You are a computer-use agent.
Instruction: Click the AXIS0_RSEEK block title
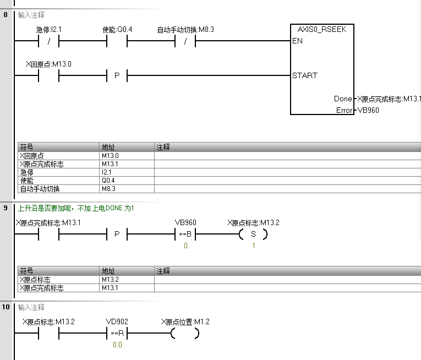click(x=322, y=30)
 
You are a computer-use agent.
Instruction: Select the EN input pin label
click(x=297, y=41)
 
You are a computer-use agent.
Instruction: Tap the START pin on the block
click(x=305, y=75)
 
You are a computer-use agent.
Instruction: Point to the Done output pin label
click(x=342, y=99)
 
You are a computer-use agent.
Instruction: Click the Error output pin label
click(x=344, y=110)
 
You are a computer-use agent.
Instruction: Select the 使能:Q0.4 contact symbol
click(x=117, y=41)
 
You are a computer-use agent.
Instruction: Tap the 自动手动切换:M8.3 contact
click(x=185, y=41)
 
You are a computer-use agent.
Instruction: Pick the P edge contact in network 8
click(x=117, y=76)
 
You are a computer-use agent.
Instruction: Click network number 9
click(x=6, y=208)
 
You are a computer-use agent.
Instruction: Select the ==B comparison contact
click(x=185, y=234)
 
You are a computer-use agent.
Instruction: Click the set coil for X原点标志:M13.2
click(x=254, y=234)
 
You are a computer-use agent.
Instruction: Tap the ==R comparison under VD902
click(x=117, y=334)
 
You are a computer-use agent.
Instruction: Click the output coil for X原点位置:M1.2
click(x=185, y=334)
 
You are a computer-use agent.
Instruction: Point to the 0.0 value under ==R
click(x=117, y=345)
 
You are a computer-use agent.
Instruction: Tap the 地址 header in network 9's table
click(x=108, y=271)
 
